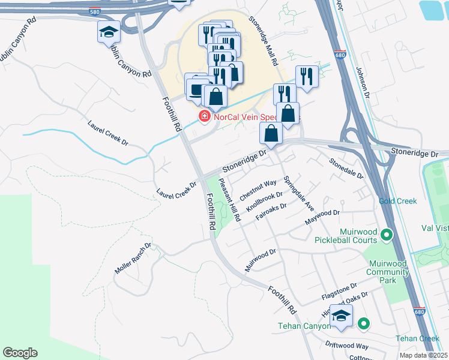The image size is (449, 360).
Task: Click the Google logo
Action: [x=20, y=353]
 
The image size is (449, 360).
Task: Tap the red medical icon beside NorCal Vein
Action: [x=204, y=115]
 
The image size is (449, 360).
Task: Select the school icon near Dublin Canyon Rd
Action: [x=109, y=32]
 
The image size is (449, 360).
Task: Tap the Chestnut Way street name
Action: [x=258, y=190]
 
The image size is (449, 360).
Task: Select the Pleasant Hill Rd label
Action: [x=229, y=200]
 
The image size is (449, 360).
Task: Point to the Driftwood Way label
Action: [x=346, y=346]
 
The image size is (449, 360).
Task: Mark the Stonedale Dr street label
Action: [x=346, y=168]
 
